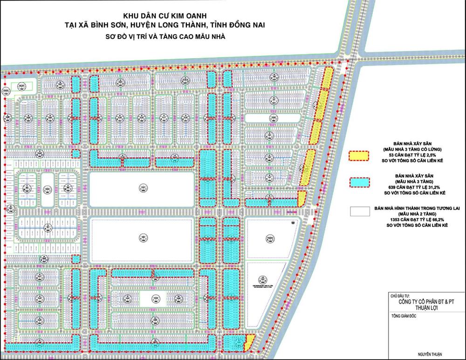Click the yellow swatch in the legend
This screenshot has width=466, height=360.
[x=359, y=156]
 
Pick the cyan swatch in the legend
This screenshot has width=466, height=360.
[x=359, y=182]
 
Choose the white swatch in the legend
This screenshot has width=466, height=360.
[x=359, y=211]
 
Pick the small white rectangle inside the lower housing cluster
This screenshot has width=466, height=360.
[x=155, y=298]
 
